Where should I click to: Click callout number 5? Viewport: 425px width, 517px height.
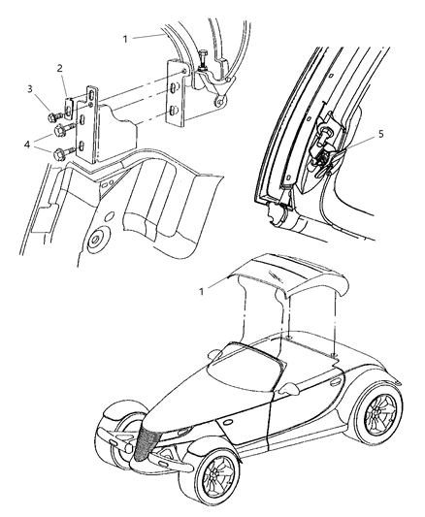pos(380,134)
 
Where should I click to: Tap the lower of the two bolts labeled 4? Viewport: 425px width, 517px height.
pos(62,152)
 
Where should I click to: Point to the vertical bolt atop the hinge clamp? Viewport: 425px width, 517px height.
pos(206,59)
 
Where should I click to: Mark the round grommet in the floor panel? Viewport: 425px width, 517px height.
pos(94,239)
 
